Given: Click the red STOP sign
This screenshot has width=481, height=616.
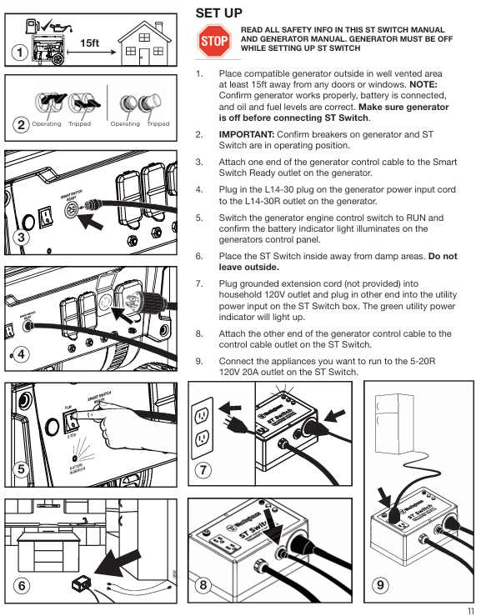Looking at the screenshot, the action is [x=213, y=41].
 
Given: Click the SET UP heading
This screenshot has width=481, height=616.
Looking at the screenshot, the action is [x=219, y=13].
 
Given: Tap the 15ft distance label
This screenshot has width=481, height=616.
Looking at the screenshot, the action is [x=89, y=43].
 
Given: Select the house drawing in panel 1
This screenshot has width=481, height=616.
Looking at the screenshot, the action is [x=144, y=43].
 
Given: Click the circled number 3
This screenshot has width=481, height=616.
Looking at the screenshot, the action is [x=21, y=237].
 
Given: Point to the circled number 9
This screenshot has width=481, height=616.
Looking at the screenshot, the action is [x=380, y=585].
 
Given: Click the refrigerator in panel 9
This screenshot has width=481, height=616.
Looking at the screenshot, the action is [x=393, y=424].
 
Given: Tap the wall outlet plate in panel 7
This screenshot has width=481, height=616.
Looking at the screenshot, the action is [x=202, y=428].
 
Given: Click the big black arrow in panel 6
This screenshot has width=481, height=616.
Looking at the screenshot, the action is [x=117, y=563].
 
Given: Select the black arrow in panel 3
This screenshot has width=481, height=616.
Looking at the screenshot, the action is [x=90, y=221].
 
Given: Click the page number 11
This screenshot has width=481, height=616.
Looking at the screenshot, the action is [x=470, y=611].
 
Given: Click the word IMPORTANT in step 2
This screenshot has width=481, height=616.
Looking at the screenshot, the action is [x=246, y=134].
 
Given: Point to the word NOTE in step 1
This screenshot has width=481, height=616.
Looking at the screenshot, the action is [x=423, y=84].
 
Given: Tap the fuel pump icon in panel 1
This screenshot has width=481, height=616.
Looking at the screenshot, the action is [x=33, y=27].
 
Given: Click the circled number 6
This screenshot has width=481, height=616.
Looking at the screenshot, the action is [x=22, y=585].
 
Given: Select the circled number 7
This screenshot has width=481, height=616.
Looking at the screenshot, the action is [x=203, y=470].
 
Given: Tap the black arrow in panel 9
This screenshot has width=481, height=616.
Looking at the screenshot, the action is [x=384, y=498].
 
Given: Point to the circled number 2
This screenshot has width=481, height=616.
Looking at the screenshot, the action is [x=21, y=125].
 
